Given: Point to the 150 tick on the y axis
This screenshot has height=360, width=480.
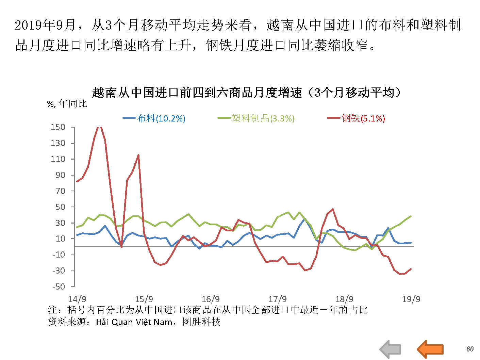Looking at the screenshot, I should [58, 127].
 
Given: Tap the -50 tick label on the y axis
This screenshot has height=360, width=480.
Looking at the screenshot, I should [59, 287].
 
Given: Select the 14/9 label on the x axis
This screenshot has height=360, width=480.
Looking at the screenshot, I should [77, 299].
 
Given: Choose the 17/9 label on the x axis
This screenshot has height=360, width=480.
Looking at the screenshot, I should [277, 299].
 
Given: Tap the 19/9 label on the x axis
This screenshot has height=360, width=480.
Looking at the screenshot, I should [411, 299].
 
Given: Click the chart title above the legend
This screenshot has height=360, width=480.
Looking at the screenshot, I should [246, 93].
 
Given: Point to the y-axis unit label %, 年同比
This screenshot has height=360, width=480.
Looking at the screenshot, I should [67, 104].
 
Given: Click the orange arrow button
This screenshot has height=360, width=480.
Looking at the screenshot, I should [430, 349].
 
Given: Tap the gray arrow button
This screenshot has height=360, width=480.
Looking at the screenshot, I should [391, 349].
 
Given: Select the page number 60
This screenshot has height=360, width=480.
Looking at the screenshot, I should [470, 349].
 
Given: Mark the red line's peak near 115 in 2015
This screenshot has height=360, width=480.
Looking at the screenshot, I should [138, 155].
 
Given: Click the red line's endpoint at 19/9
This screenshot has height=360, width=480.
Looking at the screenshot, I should [411, 269].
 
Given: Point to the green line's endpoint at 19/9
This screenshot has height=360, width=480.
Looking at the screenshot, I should [411, 216].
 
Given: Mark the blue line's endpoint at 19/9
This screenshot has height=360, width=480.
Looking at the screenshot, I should [411, 243].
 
